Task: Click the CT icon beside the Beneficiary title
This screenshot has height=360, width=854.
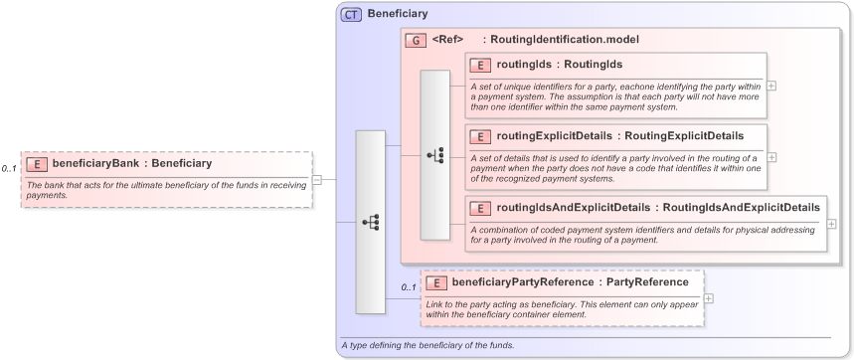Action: click(x=351, y=14)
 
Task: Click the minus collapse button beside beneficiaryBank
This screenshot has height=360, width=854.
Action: click(x=317, y=180)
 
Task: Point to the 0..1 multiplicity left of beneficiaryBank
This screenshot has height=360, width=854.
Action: click(x=10, y=169)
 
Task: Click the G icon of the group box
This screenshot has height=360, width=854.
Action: click(x=415, y=40)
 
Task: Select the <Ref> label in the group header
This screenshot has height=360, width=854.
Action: click(x=448, y=40)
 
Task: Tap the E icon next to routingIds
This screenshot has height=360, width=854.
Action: click(x=481, y=65)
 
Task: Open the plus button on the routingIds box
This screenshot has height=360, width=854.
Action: click(x=771, y=86)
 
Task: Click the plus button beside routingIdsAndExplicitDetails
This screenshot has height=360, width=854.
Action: click(x=831, y=224)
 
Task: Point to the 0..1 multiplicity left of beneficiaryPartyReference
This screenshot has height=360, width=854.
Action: click(x=408, y=287)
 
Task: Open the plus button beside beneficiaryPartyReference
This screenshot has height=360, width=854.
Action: click(x=708, y=298)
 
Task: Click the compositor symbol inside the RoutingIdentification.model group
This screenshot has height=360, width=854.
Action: click(x=434, y=154)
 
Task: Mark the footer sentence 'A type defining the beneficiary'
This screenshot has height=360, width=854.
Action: click(x=427, y=345)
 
